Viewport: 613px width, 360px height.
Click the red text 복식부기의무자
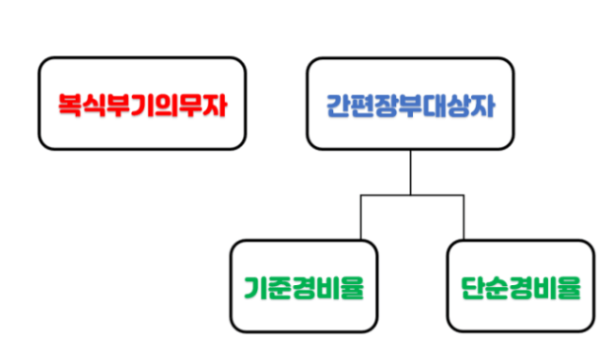pyautogui.click(x=142, y=105)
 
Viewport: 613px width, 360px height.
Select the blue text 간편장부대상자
pyautogui.click(x=409, y=105)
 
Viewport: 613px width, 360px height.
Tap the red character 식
pyautogui.click(x=96, y=105)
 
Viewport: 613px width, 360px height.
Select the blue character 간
pyautogui.click(x=340, y=105)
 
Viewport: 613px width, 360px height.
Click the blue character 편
pyautogui.click(x=364, y=105)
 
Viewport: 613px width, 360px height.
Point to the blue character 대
pyautogui.click(x=433, y=105)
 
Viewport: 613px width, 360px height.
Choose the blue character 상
pyautogui.click(x=455, y=105)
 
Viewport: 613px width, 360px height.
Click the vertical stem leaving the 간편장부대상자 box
pyautogui.click(x=411, y=173)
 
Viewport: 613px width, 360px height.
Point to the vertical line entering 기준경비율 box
pyautogui.click(x=361, y=217)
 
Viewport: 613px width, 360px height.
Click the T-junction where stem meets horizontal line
pyautogui.click(x=411, y=196)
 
